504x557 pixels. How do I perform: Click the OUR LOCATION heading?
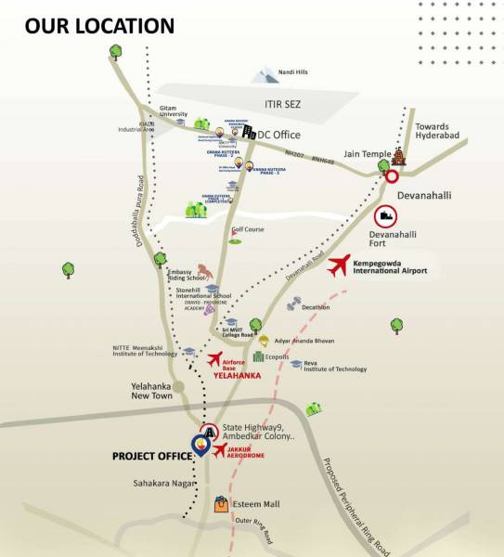pyautogui.click(x=99, y=25)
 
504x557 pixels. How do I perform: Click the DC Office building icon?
pyautogui.click(x=249, y=132)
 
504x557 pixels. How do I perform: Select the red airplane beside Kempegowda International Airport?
pyautogui.click(x=341, y=266)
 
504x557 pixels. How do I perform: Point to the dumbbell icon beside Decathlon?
pyautogui.click(x=293, y=304)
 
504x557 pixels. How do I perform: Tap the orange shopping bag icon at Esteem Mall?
pyautogui.click(x=220, y=505)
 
